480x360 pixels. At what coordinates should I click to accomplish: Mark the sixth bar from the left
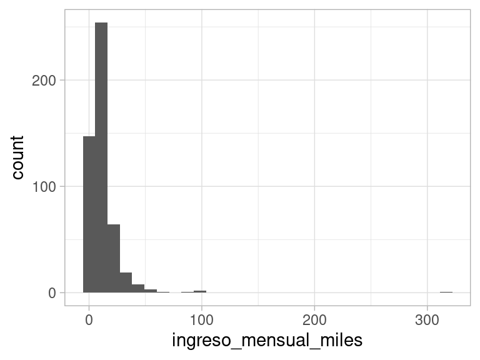[151, 291]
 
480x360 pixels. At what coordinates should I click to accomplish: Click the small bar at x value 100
[200, 291]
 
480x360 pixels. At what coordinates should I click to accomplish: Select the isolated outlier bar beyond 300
[446, 292]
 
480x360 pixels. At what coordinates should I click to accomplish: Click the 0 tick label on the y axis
[52, 292]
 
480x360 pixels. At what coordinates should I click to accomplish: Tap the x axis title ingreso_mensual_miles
[267, 341]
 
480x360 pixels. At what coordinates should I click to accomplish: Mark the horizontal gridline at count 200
[281, 80]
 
